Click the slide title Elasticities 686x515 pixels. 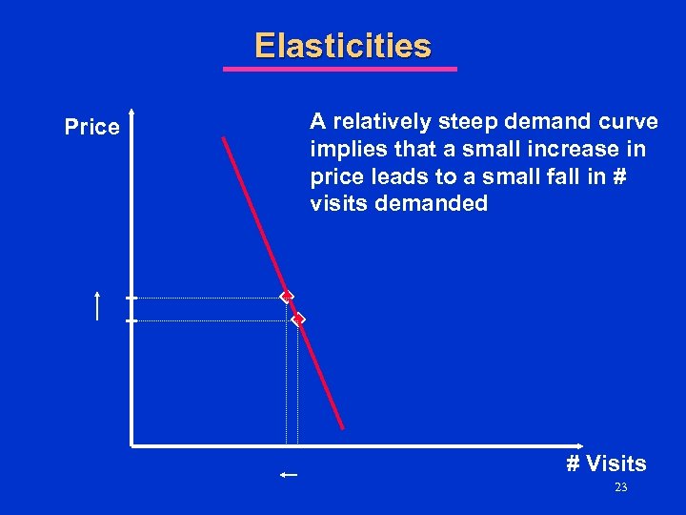pos(342,46)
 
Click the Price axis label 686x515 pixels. pos(91,127)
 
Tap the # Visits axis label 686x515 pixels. pos(606,464)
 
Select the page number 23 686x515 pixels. pos(620,488)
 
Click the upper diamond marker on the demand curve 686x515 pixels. pos(286,298)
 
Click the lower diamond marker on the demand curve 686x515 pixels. pos(298,319)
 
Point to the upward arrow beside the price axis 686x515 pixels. pos(97,306)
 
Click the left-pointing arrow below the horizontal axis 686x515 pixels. pos(290,474)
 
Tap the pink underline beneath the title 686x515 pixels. pos(340,69)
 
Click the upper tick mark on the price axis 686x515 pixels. pos(131,298)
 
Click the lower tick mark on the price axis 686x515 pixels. pos(131,320)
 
